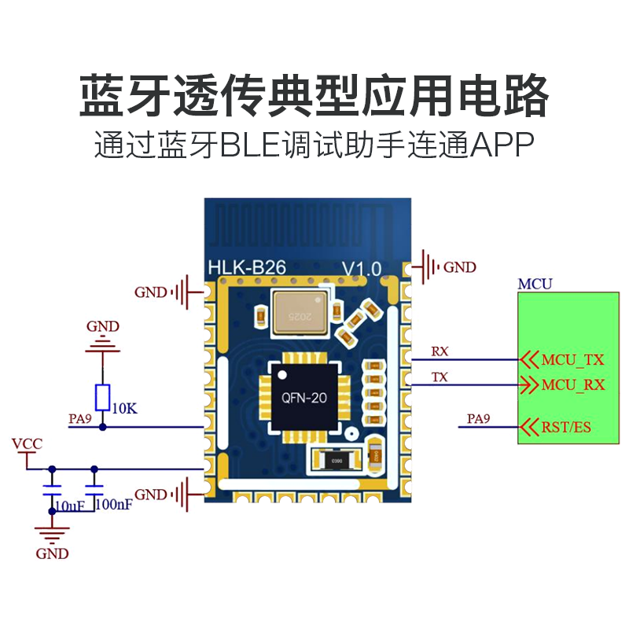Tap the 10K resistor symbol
pos(103,398)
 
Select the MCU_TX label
pos(572,360)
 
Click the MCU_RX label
pos(573,385)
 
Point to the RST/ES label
pos(566,427)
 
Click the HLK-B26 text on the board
pos(247,267)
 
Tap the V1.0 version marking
pos(362,269)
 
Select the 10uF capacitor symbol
pos(52,490)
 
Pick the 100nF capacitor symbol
pos(94,490)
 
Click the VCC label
pos(27,444)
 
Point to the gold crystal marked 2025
pos(300,312)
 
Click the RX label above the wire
pos(440,351)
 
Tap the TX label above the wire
pos(440,377)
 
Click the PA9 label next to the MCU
pos(478,419)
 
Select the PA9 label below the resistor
pos(80,419)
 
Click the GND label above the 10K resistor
pos(103,326)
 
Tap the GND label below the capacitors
pos(52,554)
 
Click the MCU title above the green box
pos(535,285)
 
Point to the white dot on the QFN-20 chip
pos(283,375)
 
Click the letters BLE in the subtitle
pos(251,145)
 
